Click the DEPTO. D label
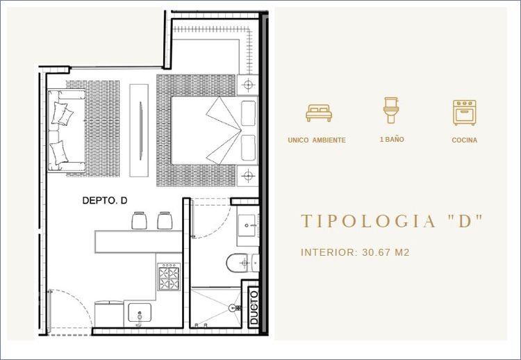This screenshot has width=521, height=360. [x=105, y=200]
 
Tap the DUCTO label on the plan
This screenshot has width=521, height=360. [x=254, y=306]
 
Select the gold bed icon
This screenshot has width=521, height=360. [x=319, y=113]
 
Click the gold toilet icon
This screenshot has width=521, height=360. [x=391, y=111]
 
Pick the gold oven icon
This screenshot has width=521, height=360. [x=464, y=113]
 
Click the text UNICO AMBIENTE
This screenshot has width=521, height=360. [x=317, y=140]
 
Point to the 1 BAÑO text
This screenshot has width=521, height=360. [x=392, y=140]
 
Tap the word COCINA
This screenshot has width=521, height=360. [x=464, y=140]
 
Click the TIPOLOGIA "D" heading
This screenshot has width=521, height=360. [x=391, y=221]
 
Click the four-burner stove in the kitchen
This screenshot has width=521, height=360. [x=169, y=277]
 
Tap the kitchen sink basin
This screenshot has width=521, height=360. [x=140, y=312]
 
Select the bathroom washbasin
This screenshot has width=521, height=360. [x=246, y=225]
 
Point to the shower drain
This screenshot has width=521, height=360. [x=233, y=308]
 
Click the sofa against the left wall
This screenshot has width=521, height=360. [x=67, y=130]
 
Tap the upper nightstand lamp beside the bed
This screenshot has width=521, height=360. [x=248, y=85]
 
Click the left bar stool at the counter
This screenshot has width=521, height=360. [x=139, y=220]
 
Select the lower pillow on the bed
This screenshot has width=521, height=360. [x=248, y=148]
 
